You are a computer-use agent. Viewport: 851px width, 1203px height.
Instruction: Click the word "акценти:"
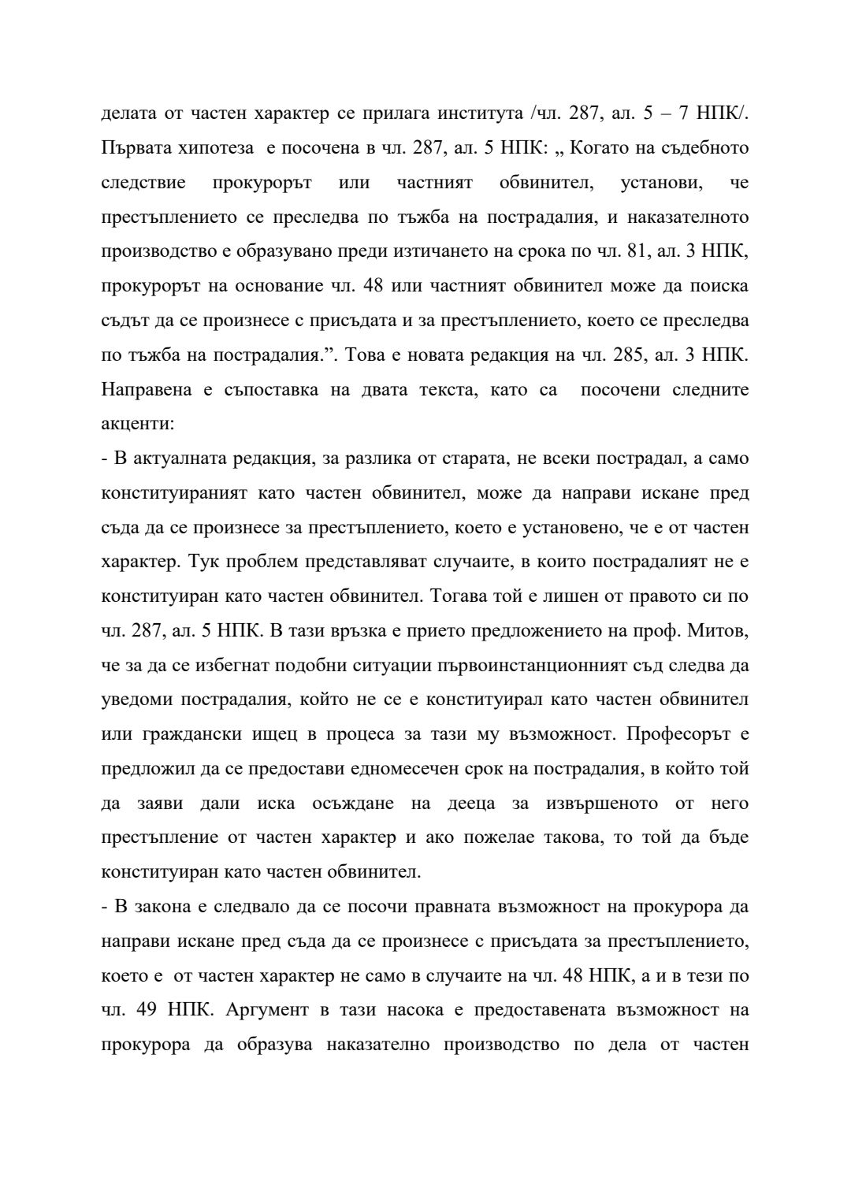tap(138, 424)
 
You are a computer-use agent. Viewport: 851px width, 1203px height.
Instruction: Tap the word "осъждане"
tap(354, 804)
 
